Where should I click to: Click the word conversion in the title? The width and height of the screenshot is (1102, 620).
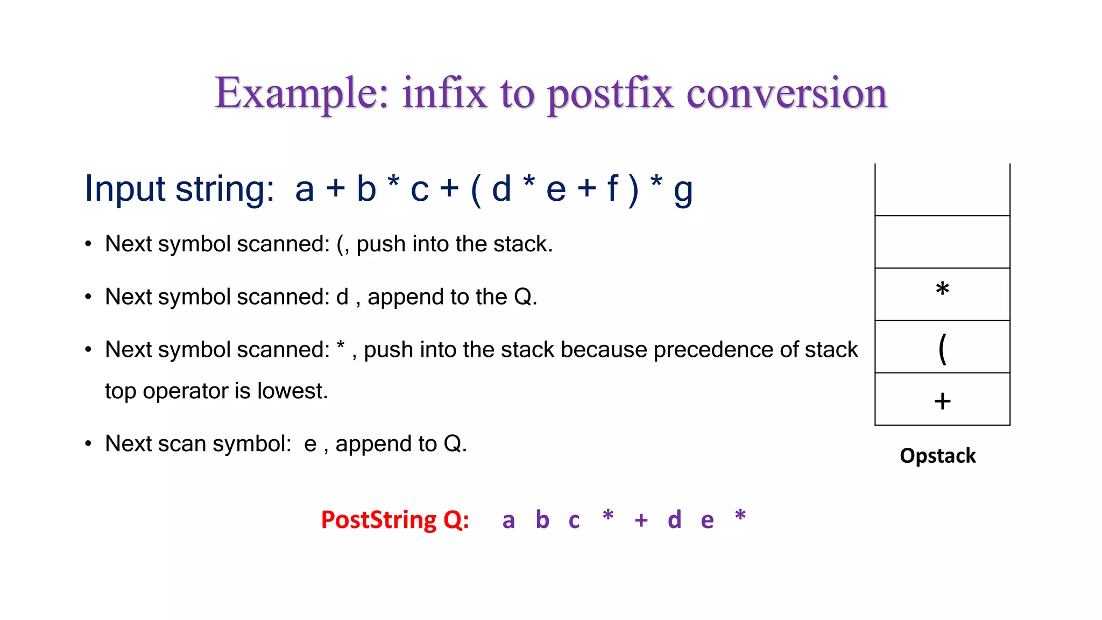pos(786,94)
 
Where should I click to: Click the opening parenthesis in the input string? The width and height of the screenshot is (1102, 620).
pos(475,189)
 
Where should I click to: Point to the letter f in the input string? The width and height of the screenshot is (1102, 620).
pos(612,188)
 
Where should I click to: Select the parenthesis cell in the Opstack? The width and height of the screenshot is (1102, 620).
pos(942,347)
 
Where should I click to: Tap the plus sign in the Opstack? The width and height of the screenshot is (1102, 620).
pos(942,401)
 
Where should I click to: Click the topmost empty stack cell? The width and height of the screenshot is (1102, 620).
pos(942,189)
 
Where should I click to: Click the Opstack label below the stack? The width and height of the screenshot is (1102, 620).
pos(937,456)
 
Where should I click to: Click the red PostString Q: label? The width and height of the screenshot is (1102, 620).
pos(395,520)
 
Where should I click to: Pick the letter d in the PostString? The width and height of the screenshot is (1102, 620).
pos(674,520)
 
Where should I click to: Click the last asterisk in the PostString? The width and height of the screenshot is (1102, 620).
pos(740,516)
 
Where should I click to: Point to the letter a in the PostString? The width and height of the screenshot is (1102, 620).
pos(508,521)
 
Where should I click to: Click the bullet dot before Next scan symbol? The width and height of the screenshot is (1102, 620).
pos(88,443)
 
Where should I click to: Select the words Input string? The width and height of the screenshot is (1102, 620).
pos(180,189)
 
